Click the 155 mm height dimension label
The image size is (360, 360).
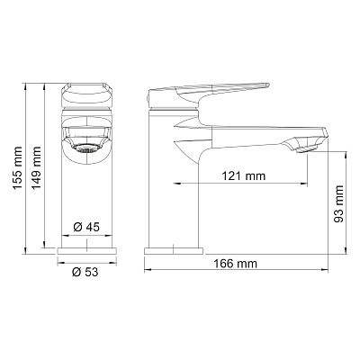[x=17, y=167]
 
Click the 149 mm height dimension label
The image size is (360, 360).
[x=36, y=167]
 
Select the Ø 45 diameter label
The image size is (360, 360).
[x=86, y=227]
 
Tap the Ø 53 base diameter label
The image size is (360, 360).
[x=85, y=272]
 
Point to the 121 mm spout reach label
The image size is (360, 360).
[x=244, y=175]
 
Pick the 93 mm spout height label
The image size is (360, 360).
[x=338, y=203]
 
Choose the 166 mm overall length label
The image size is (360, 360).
[x=236, y=264]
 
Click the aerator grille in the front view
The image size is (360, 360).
[x=86, y=148]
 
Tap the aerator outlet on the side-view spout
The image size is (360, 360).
[x=307, y=148]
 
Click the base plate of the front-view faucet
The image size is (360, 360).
[x=86, y=251]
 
